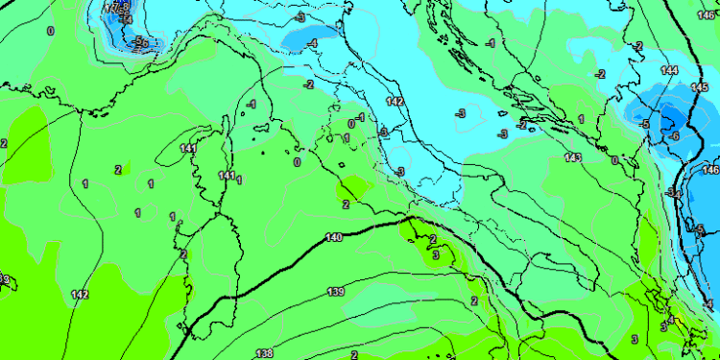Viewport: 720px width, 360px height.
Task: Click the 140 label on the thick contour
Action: tap(334, 237)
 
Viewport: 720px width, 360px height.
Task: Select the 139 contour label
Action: tap(336, 291)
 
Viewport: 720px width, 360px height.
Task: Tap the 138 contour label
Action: tap(264, 353)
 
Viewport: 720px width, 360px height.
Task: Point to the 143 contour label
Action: tap(573, 157)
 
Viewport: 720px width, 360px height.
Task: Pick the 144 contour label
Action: tap(669, 71)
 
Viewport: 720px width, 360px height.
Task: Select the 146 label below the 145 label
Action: tap(710, 170)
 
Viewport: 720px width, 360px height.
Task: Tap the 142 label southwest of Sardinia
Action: tap(80, 295)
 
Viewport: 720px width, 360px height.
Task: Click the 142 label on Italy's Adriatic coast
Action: tap(395, 101)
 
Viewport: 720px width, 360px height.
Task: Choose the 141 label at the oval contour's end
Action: tap(188, 148)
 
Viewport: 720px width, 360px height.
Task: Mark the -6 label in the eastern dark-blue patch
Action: tap(675, 137)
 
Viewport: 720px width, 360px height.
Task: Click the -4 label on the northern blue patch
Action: tap(313, 43)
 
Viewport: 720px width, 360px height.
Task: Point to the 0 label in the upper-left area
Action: tap(51, 32)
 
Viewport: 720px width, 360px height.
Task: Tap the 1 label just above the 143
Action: tap(581, 119)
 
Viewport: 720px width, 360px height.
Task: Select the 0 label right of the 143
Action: tap(613, 160)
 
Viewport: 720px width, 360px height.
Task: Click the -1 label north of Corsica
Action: tap(252, 104)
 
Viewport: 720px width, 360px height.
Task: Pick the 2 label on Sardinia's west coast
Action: tap(183, 253)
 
